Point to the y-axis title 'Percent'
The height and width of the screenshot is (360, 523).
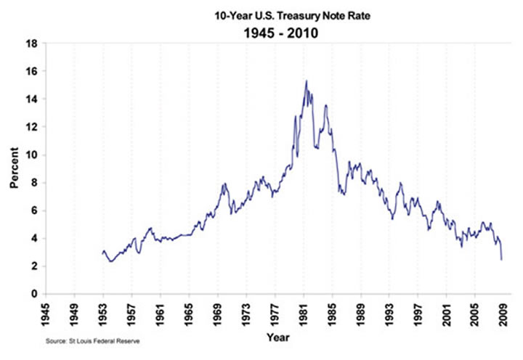[15, 168]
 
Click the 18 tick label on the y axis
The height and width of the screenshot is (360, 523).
[33, 44]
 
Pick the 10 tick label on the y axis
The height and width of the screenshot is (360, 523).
[33, 155]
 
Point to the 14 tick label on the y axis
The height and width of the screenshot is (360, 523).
[33, 99]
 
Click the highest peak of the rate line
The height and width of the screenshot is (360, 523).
[307, 81]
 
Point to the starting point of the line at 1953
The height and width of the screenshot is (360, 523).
[102, 253]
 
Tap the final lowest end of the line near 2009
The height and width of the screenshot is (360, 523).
[502, 259]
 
